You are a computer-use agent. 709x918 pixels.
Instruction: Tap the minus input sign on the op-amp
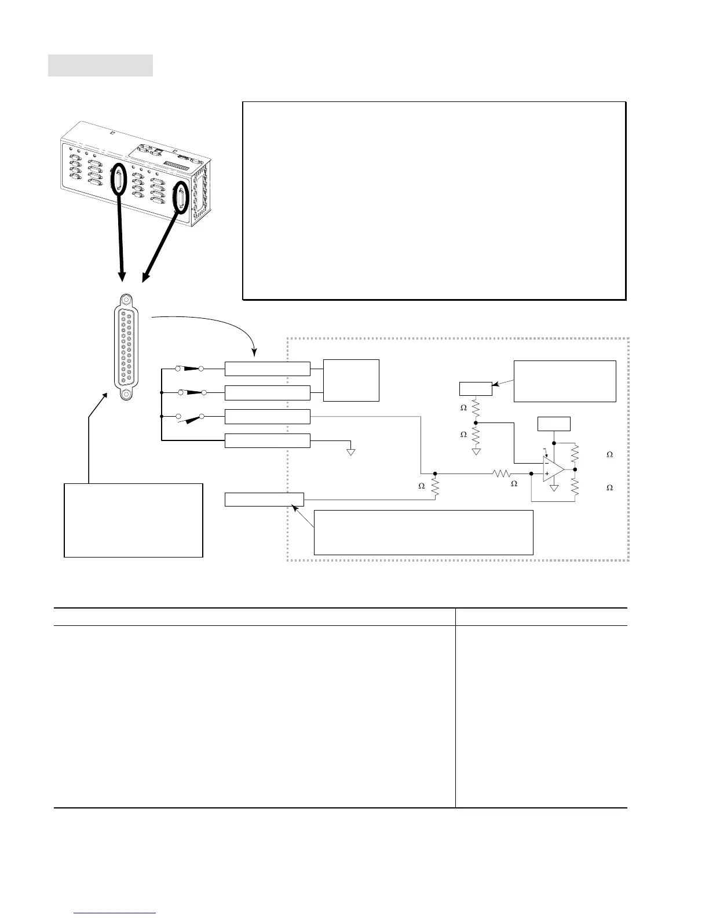[547, 463]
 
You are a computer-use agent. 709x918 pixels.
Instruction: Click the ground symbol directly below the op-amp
[554, 488]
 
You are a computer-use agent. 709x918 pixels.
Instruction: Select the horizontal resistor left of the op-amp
[502, 474]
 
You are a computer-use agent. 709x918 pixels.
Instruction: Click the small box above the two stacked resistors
[476, 389]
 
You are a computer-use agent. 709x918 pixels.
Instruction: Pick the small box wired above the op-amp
[554, 424]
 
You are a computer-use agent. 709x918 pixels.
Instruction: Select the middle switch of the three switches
[192, 392]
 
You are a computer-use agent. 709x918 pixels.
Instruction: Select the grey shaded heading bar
[100, 65]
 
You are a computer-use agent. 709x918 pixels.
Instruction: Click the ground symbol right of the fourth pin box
[350, 451]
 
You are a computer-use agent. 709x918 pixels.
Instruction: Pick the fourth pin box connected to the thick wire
[267, 441]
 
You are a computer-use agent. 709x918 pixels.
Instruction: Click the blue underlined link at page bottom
[115, 913]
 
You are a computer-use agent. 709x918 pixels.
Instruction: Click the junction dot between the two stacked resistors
[476, 422]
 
